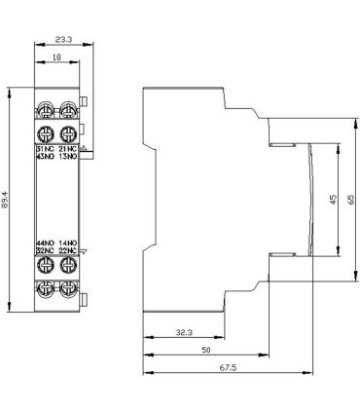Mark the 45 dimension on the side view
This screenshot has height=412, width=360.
click(x=332, y=201)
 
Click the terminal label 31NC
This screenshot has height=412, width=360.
click(x=45, y=147)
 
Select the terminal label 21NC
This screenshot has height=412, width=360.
click(x=68, y=147)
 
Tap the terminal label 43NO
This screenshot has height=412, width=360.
click(x=45, y=156)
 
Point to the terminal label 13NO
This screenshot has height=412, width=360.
click(x=68, y=156)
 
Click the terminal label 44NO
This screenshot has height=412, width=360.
click(x=45, y=242)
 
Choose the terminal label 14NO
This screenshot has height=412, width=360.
click(x=68, y=242)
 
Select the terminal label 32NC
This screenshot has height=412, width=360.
click(x=45, y=250)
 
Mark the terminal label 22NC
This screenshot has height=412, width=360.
click(x=68, y=250)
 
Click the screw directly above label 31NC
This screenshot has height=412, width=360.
click(x=45, y=133)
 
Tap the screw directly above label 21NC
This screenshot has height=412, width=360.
click(x=68, y=133)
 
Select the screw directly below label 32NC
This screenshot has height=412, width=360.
click(x=45, y=266)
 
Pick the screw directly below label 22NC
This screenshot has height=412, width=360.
click(x=68, y=266)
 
